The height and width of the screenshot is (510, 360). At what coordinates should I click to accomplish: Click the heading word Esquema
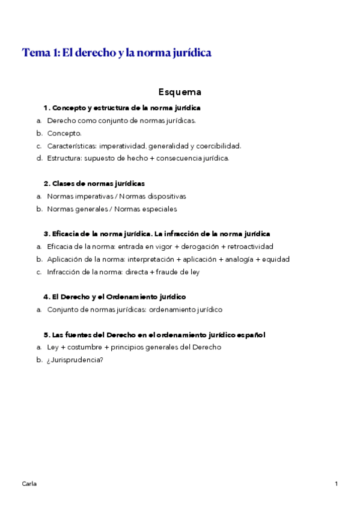[x=180, y=92]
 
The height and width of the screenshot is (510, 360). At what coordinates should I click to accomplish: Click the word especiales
[x=156, y=209]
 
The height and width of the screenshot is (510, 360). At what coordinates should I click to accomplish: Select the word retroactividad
[x=250, y=247]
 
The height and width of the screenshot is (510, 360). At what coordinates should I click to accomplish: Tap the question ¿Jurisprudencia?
[x=75, y=360]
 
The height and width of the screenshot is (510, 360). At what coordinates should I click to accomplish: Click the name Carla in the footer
[x=29, y=484]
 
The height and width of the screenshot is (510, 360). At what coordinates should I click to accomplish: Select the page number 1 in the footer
[x=337, y=484]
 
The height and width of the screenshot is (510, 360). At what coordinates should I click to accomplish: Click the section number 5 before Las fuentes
[x=46, y=334]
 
